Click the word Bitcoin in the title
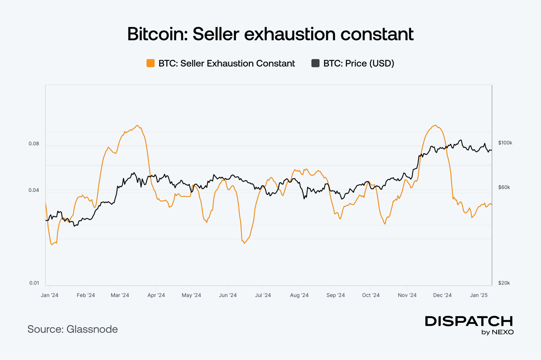pos(157,34)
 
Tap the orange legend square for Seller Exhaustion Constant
pos(150,63)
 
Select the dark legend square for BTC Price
pos(315,63)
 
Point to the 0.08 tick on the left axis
pos(34,144)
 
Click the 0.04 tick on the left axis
pos(34,190)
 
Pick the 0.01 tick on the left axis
pos(34,283)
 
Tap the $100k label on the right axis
pos(505,143)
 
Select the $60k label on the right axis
pos(504,187)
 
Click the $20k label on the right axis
pos(504,283)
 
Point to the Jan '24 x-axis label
pos(49,295)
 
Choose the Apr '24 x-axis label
pos(156,295)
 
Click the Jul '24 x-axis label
pos(263,295)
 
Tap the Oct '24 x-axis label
pos(371,295)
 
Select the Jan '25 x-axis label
pos(479,295)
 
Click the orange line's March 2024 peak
pos(137,126)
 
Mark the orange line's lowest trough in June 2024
pos(244,243)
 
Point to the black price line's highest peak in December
pos(460,140)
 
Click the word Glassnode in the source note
pos(92,329)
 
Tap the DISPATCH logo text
pos(469,321)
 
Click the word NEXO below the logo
pos(503,332)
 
